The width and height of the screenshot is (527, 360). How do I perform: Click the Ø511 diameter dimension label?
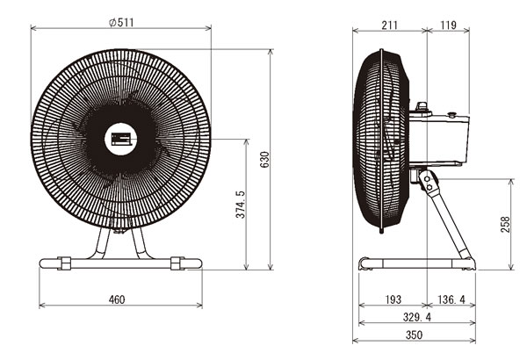(x=122, y=23)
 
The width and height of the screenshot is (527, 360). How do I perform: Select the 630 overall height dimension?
(x=265, y=160)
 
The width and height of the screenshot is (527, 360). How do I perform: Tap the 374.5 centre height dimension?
(x=241, y=205)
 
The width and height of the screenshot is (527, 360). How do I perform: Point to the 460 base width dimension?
(x=117, y=299)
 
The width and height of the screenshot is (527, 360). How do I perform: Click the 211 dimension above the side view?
(x=389, y=25)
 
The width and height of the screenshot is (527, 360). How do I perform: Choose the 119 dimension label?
(x=448, y=25)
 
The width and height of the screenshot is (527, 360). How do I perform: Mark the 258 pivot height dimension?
(x=505, y=225)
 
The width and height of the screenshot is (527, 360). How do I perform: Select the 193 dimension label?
(x=393, y=299)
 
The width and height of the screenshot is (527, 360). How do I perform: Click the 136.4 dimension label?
(x=451, y=299)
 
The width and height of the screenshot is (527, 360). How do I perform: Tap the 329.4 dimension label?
(x=416, y=317)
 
